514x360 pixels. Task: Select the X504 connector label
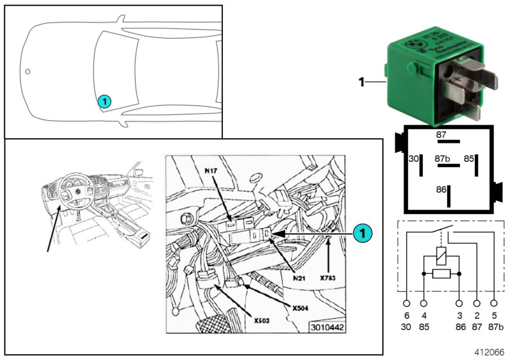coord(301,308)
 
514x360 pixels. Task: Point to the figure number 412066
coord(490,352)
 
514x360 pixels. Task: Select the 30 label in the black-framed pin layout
coord(414,157)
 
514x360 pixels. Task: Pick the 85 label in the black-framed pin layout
coord(470,157)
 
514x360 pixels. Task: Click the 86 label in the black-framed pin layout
coord(441,190)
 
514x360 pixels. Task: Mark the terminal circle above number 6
coord(407,302)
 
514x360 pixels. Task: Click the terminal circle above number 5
coord(493,302)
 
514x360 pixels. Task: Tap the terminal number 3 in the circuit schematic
coord(459,316)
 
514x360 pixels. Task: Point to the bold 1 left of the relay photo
coord(362,82)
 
